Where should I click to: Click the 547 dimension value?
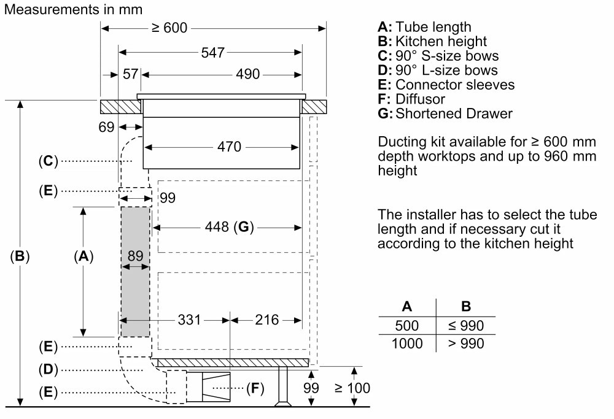click(212, 53)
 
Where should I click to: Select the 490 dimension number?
click(247, 74)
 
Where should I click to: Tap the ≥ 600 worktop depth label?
click(169, 28)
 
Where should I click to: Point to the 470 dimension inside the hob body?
click(229, 147)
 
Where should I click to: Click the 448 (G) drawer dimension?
click(229, 227)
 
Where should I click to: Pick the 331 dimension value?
click(189, 320)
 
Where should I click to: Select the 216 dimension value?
click(266, 320)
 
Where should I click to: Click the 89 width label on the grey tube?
click(136, 256)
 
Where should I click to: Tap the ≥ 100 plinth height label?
click(352, 388)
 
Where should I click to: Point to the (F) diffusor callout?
click(255, 388)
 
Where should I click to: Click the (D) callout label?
click(48, 370)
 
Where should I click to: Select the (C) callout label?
click(48, 161)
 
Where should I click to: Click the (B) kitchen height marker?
click(20, 256)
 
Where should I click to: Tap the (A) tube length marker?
click(84, 256)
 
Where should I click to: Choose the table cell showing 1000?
click(407, 344)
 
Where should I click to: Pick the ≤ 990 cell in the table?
click(466, 326)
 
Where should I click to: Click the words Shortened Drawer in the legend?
click(454, 113)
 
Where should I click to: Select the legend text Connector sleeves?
click(455, 85)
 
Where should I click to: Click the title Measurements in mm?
click(73, 9)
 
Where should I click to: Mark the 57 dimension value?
click(130, 74)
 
